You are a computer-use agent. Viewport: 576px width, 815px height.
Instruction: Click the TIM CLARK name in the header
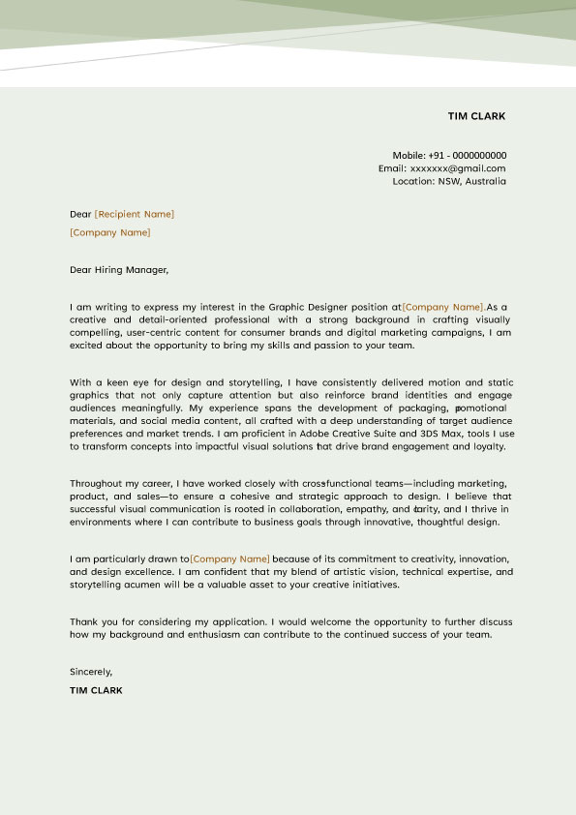click(476, 116)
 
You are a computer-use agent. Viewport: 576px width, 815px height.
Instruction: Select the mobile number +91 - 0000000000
click(467, 155)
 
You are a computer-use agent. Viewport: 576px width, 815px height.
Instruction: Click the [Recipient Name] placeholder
click(135, 214)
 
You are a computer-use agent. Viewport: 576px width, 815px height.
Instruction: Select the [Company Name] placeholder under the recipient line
click(110, 232)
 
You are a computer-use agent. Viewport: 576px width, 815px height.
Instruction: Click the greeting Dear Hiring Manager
click(119, 270)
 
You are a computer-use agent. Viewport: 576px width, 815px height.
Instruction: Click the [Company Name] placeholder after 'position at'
click(443, 307)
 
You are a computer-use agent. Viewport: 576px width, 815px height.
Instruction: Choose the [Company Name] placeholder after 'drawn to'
click(230, 559)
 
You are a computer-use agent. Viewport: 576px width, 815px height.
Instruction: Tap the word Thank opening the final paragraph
click(83, 621)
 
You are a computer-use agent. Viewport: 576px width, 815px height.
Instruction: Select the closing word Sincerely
click(91, 672)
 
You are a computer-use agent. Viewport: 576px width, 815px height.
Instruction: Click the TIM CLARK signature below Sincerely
click(96, 690)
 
